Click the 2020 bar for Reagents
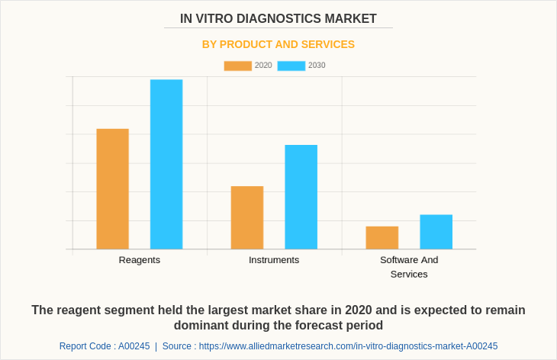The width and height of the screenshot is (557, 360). (x=112, y=189)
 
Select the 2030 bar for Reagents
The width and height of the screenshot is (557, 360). (x=166, y=164)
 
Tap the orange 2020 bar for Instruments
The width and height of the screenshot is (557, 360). (x=247, y=217)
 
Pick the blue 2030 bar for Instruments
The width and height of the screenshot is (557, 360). (x=301, y=197)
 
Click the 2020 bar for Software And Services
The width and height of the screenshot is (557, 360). (x=382, y=237)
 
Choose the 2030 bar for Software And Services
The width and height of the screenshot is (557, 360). (x=436, y=232)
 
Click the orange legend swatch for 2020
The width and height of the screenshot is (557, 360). (x=237, y=66)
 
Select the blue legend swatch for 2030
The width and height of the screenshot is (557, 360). (x=291, y=66)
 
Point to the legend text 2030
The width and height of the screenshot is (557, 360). (x=317, y=66)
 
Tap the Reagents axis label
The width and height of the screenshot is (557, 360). (x=140, y=260)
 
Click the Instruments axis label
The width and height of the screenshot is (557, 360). (x=274, y=260)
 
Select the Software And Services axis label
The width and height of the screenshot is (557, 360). (x=409, y=267)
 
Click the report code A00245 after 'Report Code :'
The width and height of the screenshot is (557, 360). (x=134, y=346)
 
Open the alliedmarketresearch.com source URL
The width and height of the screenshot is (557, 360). (x=348, y=346)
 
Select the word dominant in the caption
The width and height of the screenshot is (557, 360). (x=201, y=326)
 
